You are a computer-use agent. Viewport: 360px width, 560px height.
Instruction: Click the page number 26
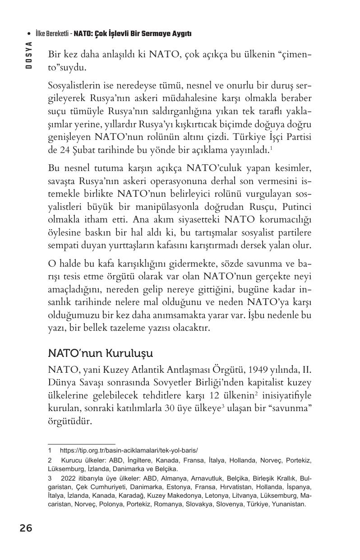pos(26,528)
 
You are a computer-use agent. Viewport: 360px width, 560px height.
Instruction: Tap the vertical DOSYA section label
pos(28,55)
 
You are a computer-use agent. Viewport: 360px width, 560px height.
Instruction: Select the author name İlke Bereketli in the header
pos(52,33)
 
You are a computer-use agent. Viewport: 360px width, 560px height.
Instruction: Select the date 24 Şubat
pos(73,149)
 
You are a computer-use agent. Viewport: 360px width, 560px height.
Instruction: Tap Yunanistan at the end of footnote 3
pos(289,504)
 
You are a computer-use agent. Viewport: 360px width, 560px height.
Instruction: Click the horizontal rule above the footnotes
pos(81,444)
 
